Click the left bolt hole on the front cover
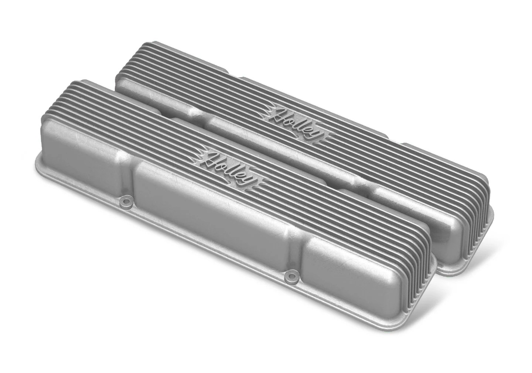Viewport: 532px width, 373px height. click(x=127, y=202)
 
